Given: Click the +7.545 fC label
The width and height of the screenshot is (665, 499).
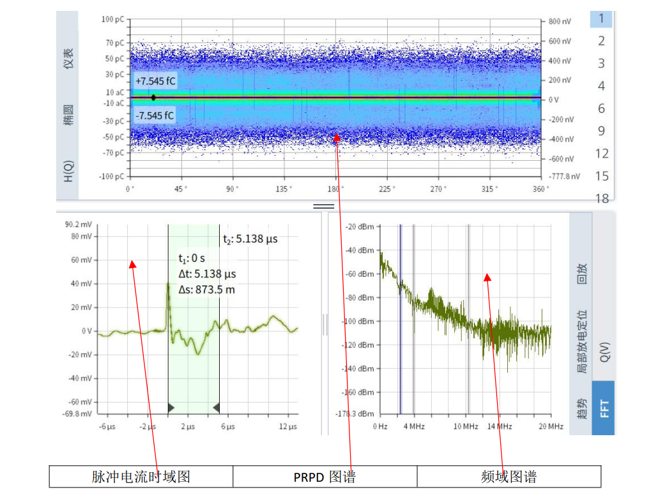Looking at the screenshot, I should coord(155,82).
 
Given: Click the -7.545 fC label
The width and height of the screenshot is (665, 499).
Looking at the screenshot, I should coord(155,115).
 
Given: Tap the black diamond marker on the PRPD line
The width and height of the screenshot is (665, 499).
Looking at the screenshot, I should coord(153,98).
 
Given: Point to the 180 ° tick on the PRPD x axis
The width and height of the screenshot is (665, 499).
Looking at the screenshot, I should coord(336,189).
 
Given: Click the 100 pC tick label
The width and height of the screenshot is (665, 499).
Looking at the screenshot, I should coord(112,20).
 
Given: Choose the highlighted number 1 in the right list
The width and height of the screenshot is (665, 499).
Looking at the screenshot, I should coord(601,19).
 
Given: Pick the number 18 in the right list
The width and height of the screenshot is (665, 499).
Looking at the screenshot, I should coord(602,198).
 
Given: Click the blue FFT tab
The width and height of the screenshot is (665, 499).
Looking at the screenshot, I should coord(603,408).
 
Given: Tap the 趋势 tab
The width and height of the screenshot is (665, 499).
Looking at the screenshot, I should coord(581,408).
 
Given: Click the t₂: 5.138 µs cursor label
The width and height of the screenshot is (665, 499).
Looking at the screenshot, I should coord(250,239).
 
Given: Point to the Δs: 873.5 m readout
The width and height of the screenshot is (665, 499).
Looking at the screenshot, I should coord(206,289).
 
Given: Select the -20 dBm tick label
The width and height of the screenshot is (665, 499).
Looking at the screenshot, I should coord(359,227).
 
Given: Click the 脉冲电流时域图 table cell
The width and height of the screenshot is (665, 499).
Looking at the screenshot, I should coord(141,477).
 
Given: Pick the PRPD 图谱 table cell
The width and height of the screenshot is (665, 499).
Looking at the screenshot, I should coord(325,477).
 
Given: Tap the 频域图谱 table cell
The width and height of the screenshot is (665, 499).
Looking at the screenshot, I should coord(508,477).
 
